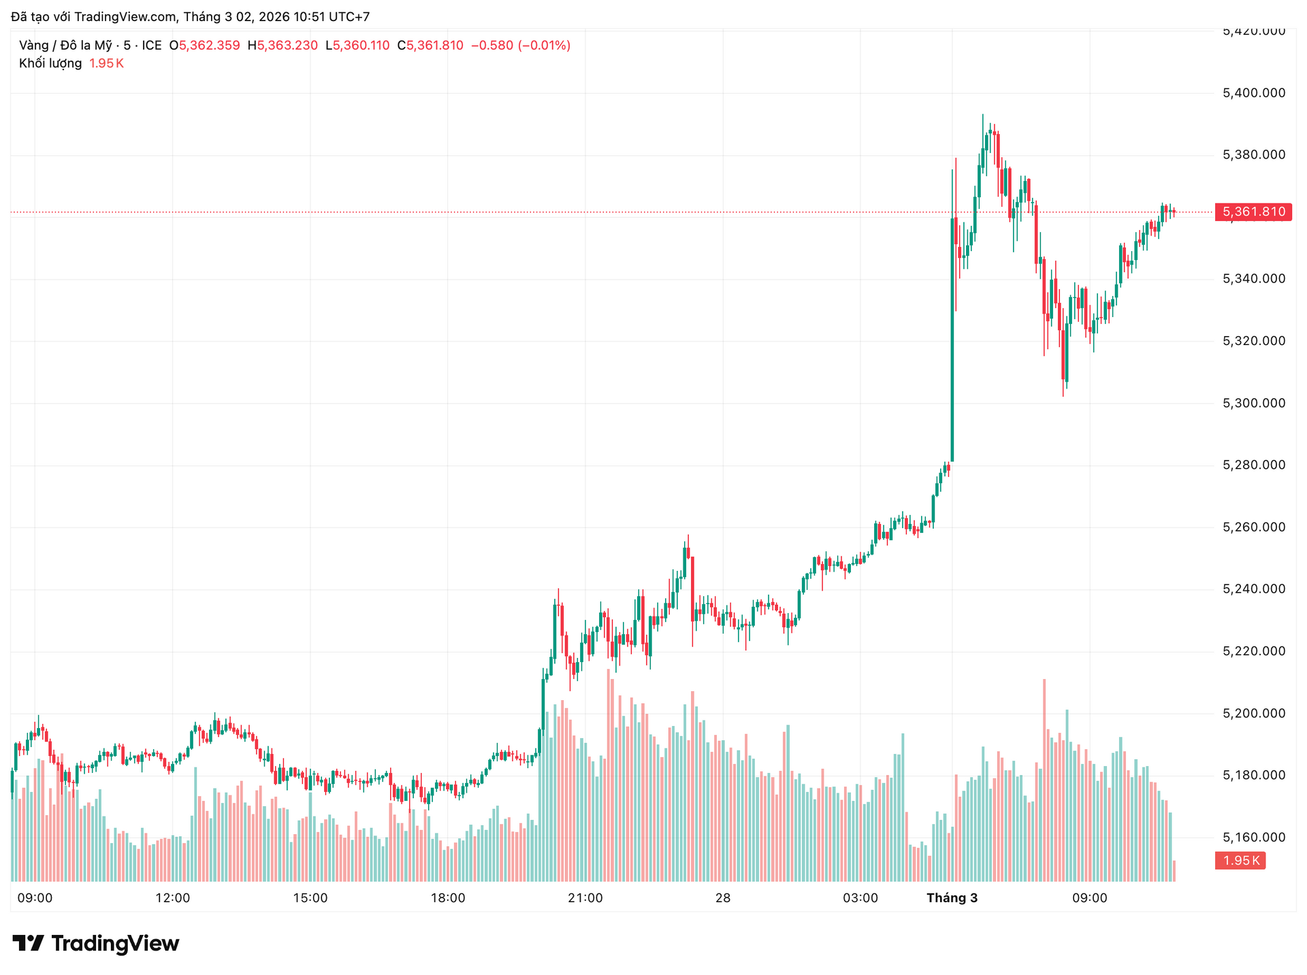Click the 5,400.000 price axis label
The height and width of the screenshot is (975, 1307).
click(1254, 93)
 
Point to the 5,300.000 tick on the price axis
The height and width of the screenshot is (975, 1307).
click(1254, 403)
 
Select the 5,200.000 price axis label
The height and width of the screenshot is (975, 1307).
click(1254, 714)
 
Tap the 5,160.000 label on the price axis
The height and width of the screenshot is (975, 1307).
click(1254, 838)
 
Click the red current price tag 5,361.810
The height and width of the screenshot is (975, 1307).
click(1253, 212)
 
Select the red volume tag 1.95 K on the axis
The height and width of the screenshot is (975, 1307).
click(1240, 861)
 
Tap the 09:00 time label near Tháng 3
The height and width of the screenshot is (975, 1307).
click(1089, 898)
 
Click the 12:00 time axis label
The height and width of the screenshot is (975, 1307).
click(173, 898)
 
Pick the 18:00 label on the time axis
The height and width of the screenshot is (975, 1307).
click(448, 898)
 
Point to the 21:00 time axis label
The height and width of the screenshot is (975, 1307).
click(585, 898)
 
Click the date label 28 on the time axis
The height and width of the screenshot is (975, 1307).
click(723, 898)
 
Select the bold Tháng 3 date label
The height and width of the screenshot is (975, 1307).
click(952, 898)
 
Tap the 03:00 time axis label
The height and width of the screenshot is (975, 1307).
click(860, 898)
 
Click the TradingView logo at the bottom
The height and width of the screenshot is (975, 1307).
click(96, 944)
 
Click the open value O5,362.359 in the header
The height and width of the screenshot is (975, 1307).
click(204, 46)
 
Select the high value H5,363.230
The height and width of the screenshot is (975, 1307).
click(283, 46)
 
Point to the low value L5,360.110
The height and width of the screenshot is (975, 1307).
click(357, 46)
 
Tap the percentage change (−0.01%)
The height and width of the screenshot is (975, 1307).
click(544, 46)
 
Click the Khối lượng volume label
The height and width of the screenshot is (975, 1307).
click(50, 63)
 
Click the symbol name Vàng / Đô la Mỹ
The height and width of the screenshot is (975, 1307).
click(65, 46)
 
